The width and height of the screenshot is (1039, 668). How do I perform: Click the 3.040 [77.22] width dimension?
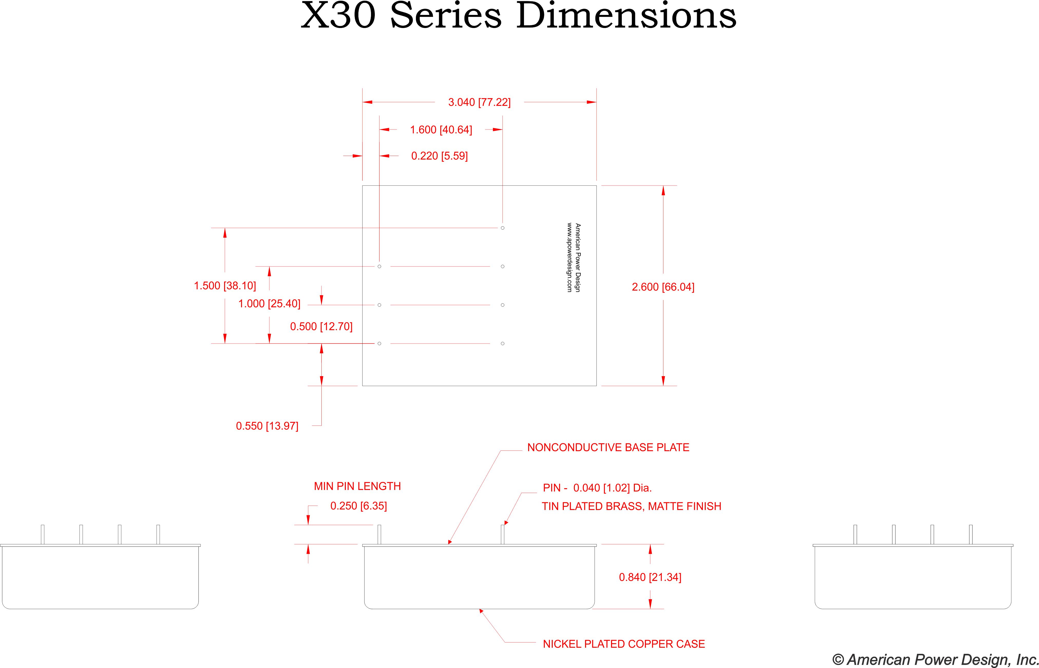coord(479,102)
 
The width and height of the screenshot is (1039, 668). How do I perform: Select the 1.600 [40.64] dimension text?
coord(441,130)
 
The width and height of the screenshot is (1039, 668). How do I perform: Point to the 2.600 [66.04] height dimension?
coord(663,287)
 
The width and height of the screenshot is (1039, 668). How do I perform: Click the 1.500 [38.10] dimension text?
coord(225,285)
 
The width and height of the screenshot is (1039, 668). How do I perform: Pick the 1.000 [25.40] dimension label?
coord(269,304)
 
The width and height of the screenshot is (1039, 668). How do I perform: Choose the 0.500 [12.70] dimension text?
coord(321,326)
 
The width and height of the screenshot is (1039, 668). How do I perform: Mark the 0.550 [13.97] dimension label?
coord(267,426)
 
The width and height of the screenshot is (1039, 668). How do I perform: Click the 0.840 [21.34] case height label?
coord(650,577)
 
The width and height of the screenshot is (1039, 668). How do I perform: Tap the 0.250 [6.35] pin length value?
coord(358,506)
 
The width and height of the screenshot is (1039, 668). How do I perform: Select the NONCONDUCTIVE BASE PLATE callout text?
coord(608,448)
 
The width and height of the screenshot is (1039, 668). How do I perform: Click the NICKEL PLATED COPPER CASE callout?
coord(624,644)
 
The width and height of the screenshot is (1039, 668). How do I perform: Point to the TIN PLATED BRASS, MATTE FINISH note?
coord(632,506)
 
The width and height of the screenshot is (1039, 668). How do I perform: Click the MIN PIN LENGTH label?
coord(357,486)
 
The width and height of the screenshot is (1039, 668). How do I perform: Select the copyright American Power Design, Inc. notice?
coord(935,659)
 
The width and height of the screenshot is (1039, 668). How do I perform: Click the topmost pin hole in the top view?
coord(502,228)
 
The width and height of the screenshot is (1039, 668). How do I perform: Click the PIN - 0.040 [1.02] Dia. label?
coord(597,488)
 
